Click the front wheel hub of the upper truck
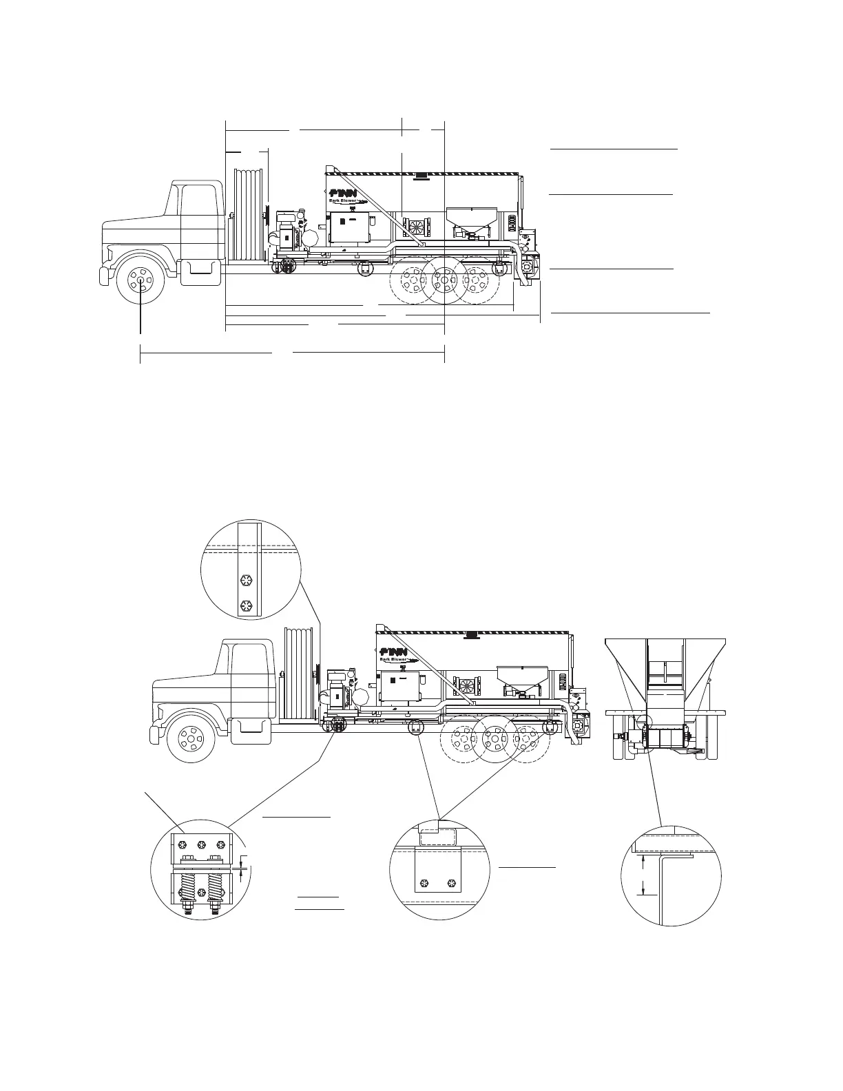coord(140,280)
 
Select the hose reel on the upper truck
coord(247,214)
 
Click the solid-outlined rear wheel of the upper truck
coord(444,280)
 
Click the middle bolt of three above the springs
coord(201,844)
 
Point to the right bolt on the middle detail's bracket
coord(452,882)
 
